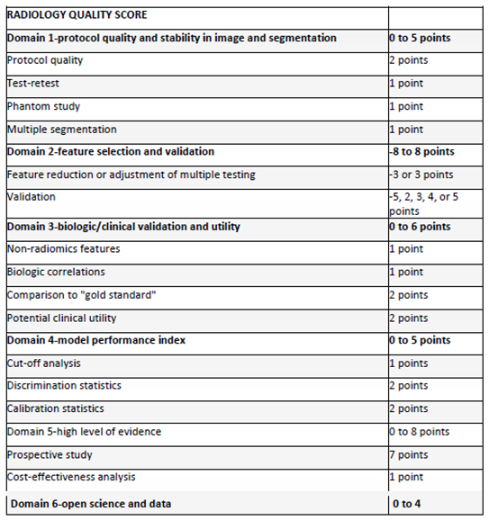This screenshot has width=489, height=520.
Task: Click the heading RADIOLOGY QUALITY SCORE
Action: pyautogui.click(x=77, y=15)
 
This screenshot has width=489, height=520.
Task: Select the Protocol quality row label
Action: pyautogui.click(x=44, y=60)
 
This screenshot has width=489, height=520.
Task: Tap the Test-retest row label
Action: pyautogui.click(x=32, y=84)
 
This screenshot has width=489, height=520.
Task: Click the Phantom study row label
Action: pyautogui.click(x=43, y=106)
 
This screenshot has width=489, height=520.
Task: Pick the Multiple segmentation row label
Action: pyautogui.click(x=62, y=130)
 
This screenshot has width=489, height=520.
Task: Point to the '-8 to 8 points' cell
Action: pyautogui.click(x=421, y=152)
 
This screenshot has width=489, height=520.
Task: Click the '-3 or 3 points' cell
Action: pyautogui.click(x=421, y=175)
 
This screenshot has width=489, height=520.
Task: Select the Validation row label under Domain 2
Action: pyautogui.click(x=32, y=196)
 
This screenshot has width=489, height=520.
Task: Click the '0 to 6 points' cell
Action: pyautogui.click(x=421, y=227)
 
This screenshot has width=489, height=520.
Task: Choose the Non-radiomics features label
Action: pyautogui.click(x=63, y=249)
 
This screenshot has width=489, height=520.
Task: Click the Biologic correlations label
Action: pyautogui.click(x=56, y=272)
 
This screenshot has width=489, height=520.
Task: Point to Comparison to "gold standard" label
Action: pyautogui.click(x=75, y=295)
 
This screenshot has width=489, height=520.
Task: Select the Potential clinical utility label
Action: pyautogui.click(x=61, y=318)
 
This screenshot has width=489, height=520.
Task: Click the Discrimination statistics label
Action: pyautogui.click(x=64, y=386)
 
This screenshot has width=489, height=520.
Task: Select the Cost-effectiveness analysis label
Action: pyautogui.click(x=71, y=478)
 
